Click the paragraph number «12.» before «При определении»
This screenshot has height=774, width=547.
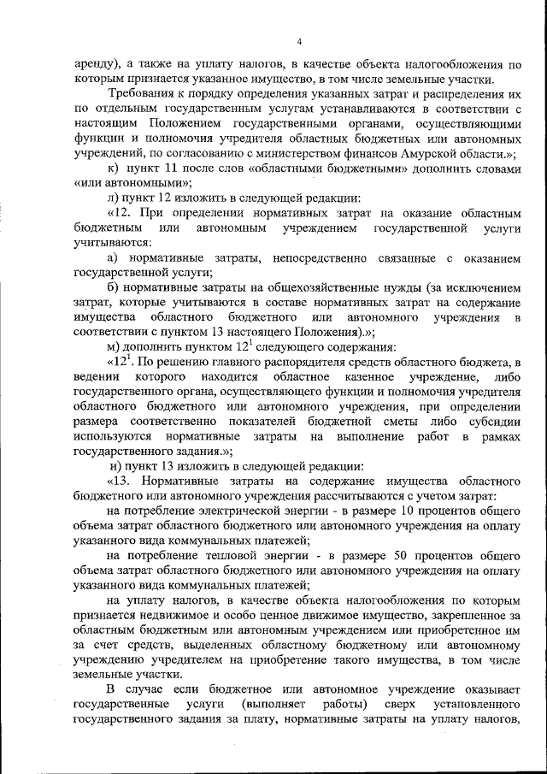[122, 215]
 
